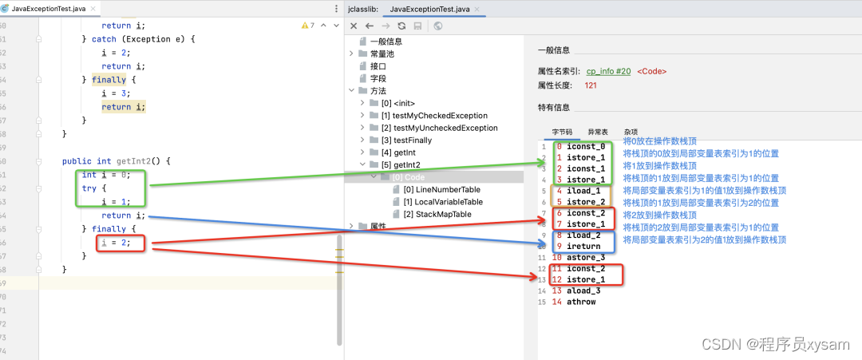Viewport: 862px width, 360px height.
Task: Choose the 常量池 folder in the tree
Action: coord(382,53)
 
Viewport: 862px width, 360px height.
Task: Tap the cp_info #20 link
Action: coord(608,71)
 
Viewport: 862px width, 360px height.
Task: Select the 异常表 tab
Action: coord(598,132)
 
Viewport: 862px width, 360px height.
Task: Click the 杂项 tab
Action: coord(631,132)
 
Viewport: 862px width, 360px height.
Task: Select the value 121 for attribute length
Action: coord(591,85)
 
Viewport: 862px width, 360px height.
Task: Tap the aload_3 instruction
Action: coord(583,291)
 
